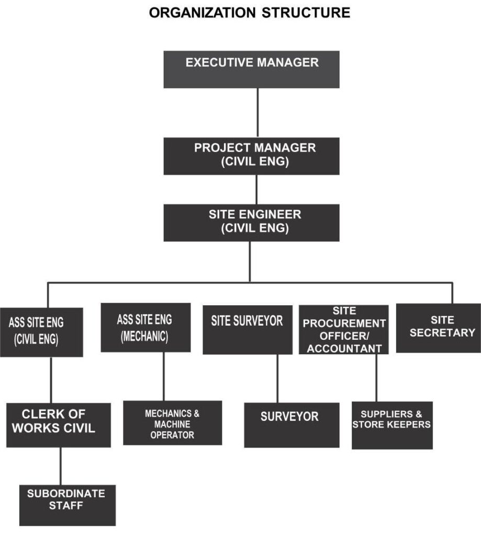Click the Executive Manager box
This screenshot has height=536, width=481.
[x=251, y=69]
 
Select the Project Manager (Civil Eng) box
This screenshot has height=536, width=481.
[x=251, y=155]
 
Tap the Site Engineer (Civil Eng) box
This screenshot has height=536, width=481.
[x=251, y=222]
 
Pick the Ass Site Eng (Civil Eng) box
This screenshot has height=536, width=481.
[x=41, y=332]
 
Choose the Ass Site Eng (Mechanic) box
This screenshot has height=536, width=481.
[x=145, y=327]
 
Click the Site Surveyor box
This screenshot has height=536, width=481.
[x=247, y=329]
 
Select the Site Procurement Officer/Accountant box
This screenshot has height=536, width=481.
[x=343, y=330]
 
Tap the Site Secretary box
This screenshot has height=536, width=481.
[x=439, y=328]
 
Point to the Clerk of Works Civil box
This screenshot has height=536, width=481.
[x=58, y=425]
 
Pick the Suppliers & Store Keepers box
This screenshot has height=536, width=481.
[x=391, y=425]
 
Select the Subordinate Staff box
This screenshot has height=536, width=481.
[x=67, y=505]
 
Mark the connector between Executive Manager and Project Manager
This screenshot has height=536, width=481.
[x=258, y=113]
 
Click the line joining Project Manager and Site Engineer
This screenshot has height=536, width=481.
[x=256, y=189]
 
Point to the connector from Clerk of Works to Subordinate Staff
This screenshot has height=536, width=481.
[x=60, y=466]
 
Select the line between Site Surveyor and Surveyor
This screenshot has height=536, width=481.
[x=277, y=378]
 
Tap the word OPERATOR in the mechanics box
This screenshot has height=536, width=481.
[x=172, y=435]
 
